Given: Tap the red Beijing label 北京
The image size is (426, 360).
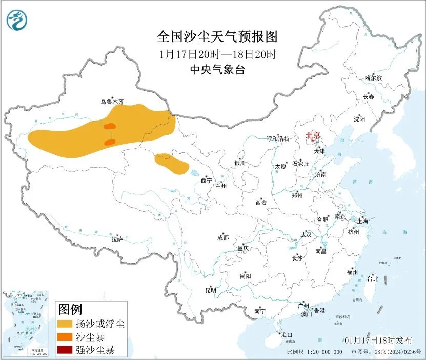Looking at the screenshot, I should [312, 136].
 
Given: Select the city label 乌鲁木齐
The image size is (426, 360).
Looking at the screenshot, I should [112, 102].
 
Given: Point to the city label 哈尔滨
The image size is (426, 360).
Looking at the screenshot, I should [373, 78].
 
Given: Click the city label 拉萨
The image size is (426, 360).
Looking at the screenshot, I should [117, 239].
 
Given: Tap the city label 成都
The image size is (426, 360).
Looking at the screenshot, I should [223, 237].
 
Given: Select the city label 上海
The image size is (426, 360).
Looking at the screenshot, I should [363, 222].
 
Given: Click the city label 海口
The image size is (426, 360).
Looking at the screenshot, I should [286, 335].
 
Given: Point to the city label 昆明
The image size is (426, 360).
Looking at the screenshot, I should [211, 290].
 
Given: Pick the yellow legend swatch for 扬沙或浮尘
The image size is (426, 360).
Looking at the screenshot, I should [65, 324].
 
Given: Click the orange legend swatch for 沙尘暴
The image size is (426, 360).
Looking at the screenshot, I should [65, 337].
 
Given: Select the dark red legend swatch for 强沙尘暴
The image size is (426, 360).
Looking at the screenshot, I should [65, 351].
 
